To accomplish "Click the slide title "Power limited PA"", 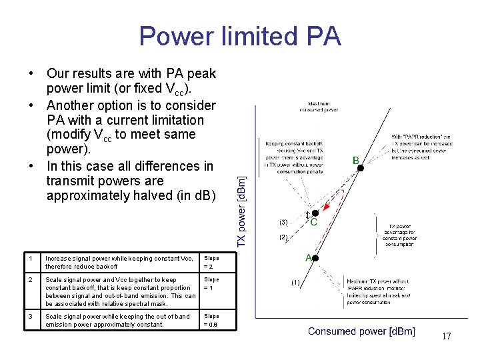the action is click(x=240, y=35).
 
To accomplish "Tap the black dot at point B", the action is click(x=360, y=169).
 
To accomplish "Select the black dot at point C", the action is click(x=315, y=213).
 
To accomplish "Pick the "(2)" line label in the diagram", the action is click(x=283, y=237).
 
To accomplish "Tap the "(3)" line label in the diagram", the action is click(x=283, y=221).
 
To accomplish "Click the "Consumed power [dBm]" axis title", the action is click(x=361, y=331).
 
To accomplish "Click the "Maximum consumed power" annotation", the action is click(x=323, y=107).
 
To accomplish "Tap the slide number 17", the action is click(x=446, y=336).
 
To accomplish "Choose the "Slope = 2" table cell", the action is click(x=211, y=262).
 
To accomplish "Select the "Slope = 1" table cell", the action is click(x=211, y=283).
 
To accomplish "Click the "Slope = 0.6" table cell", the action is click(x=211, y=320).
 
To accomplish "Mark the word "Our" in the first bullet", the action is click(x=59, y=73).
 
